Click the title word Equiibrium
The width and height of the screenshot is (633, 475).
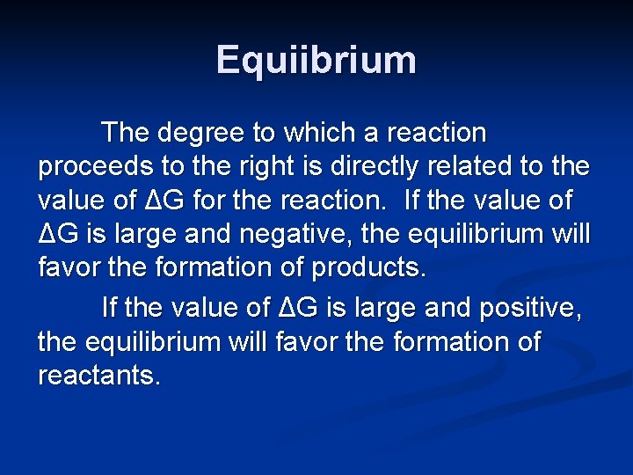(x=316, y=60)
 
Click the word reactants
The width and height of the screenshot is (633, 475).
(x=99, y=376)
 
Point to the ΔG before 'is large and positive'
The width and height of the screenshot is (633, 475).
(x=301, y=309)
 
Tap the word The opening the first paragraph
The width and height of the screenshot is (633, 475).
(x=127, y=134)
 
